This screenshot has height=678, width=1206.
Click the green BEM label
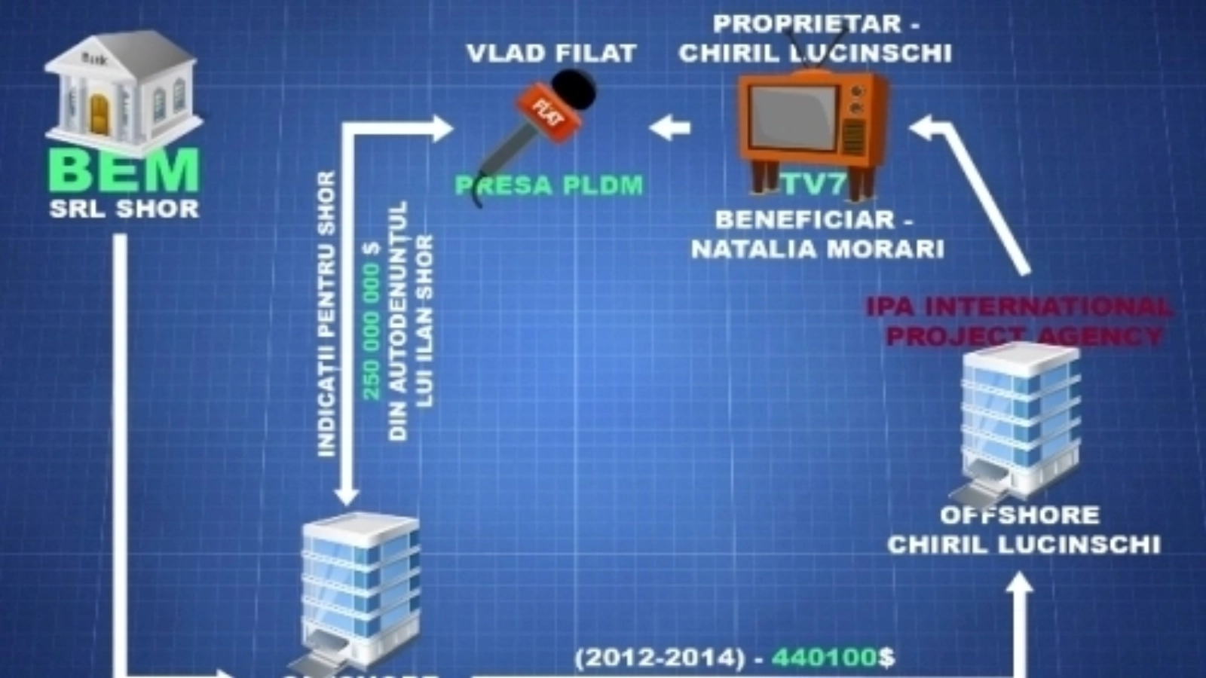(125, 170)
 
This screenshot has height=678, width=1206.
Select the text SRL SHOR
(124, 209)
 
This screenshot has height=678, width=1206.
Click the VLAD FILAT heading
(552, 53)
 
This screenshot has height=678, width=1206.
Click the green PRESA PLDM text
(549, 185)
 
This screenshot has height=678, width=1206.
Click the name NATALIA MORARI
(818, 249)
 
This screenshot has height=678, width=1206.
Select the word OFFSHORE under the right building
(1020, 515)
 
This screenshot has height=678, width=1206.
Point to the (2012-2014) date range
(660, 658)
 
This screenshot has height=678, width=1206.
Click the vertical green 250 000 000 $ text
(372, 331)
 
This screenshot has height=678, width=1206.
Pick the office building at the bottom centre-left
(360, 588)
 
